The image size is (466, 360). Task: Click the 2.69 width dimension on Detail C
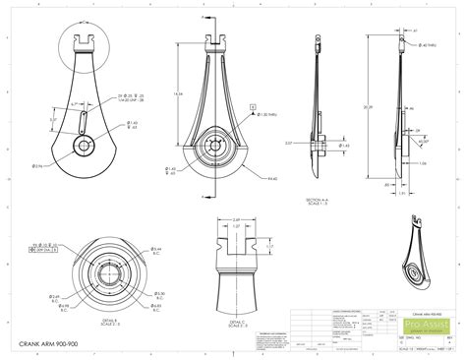[x=236, y=220]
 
